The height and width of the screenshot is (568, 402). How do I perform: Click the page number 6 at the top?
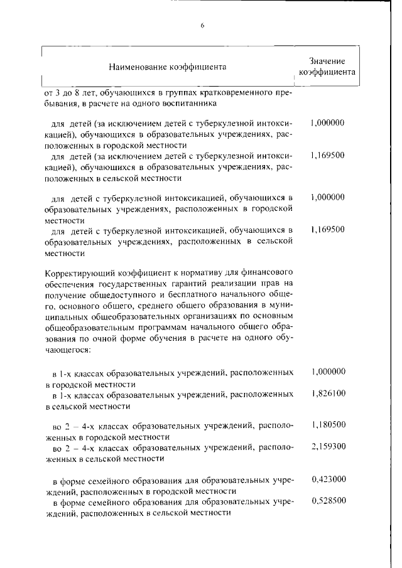coord(202,25)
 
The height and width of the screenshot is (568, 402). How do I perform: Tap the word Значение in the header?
coord(327,61)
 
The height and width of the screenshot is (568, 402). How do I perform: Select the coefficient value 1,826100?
coord(328,394)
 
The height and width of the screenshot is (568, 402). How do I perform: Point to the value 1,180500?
coord(328,425)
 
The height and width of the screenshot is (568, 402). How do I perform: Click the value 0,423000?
coord(328,480)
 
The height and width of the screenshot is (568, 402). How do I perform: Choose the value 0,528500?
coord(328,502)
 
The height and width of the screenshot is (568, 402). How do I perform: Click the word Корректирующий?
coord(77,273)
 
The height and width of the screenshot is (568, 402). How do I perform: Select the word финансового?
coord(273,273)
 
